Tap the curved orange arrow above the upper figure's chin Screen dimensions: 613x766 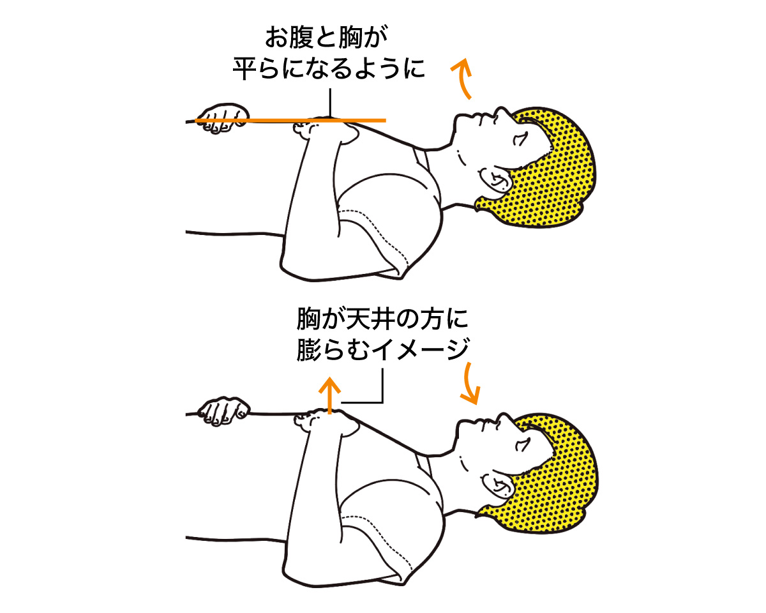[464, 78]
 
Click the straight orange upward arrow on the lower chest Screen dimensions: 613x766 [329, 395]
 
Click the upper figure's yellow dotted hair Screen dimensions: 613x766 [555, 166]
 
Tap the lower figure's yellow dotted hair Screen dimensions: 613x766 [555, 469]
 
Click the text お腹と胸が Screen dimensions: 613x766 [322, 40]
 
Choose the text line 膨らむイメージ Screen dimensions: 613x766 [383, 349]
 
